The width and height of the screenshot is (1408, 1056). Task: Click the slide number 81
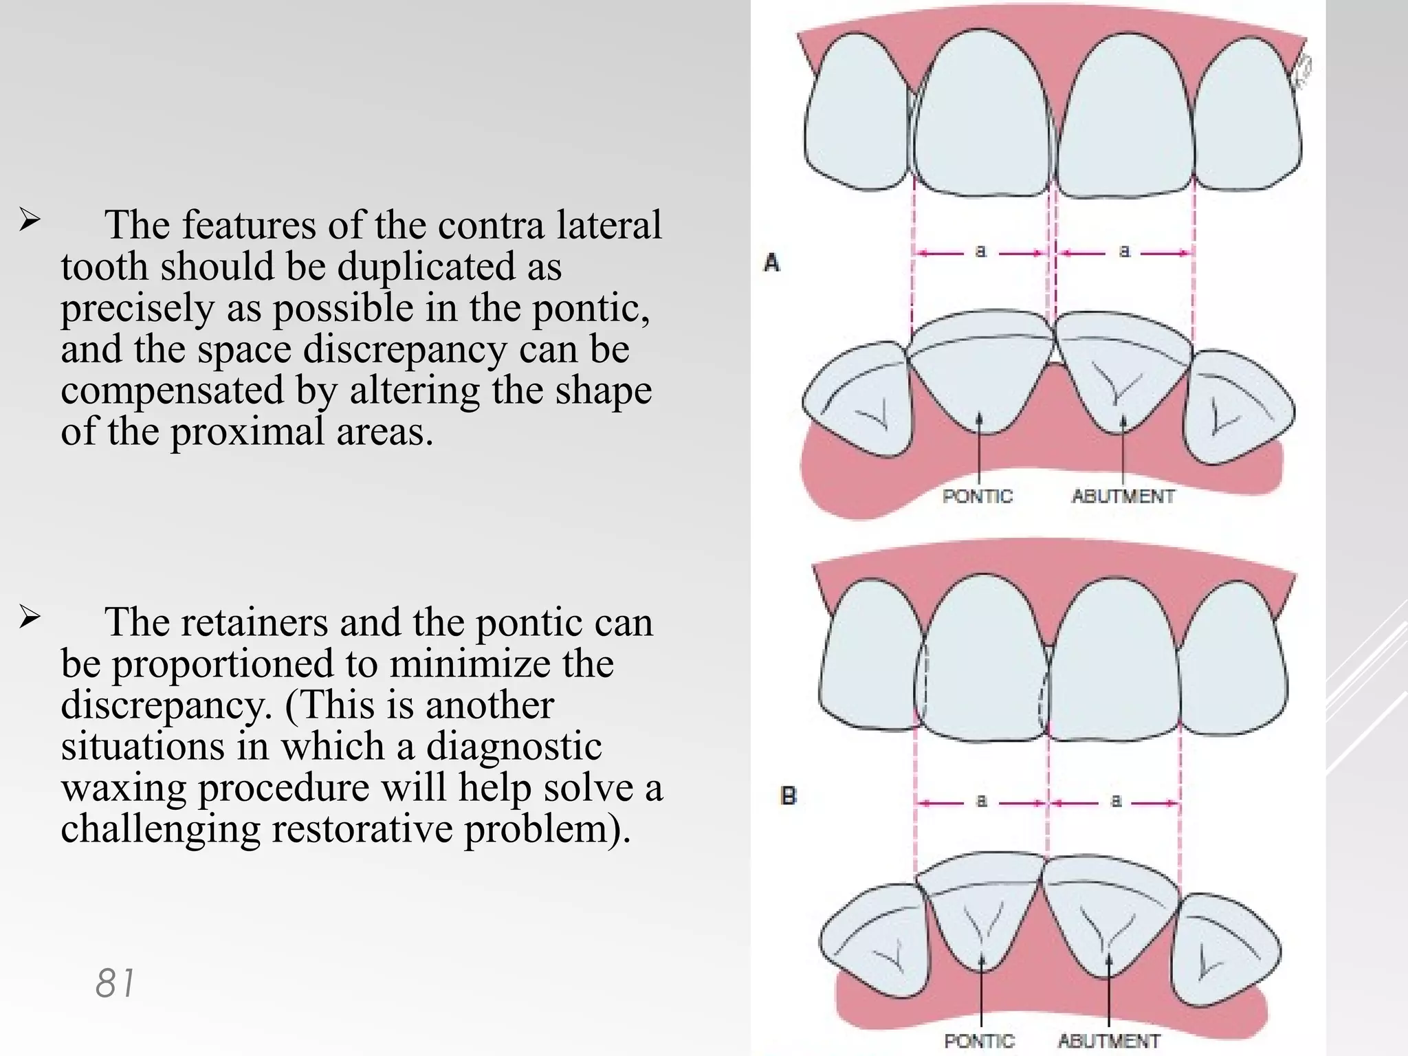coord(115,983)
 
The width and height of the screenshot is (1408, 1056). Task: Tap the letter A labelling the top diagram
coord(772,263)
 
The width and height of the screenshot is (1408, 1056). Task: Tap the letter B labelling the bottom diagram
coord(789,796)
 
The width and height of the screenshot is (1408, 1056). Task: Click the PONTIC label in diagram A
coord(978,496)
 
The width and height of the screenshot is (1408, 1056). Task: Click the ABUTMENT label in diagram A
coord(1123,496)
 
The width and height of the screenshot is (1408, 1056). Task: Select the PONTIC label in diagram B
coord(979,1041)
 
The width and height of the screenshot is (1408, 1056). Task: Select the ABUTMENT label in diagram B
coord(1109,1041)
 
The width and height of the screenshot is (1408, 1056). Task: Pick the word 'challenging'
coord(160,829)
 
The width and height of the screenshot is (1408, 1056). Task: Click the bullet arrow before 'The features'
coord(29,221)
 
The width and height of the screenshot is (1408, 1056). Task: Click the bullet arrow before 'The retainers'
coord(29,618)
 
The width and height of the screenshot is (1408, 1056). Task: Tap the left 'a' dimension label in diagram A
coord(981,252)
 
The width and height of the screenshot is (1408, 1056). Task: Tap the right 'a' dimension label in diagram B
coord(1116,801)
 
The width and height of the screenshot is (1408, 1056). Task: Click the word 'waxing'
coord(124,788)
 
